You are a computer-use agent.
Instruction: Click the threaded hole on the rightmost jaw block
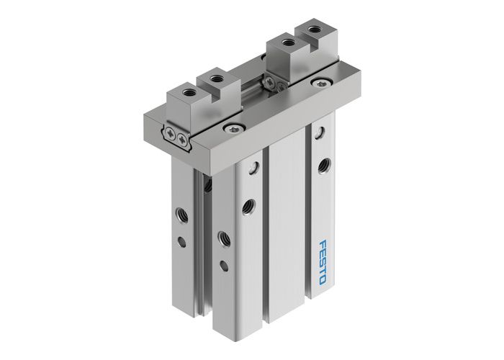tap(315, 30)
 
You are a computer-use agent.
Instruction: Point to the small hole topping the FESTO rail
tap(318, 132)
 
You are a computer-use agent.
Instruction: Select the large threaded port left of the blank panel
tap(249, 204)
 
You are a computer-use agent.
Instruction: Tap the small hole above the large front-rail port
tap(253, 168)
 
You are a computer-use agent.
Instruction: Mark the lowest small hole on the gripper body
tap(223, 266)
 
